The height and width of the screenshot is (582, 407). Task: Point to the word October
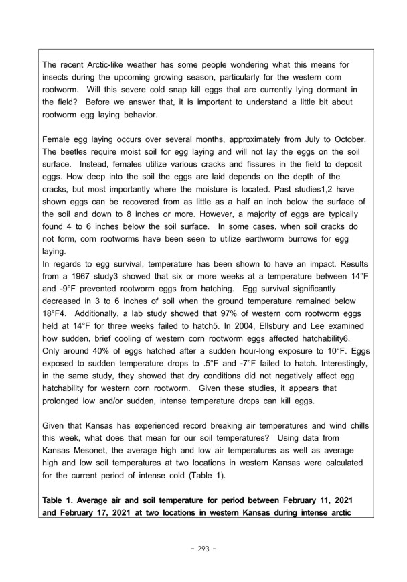click(x=347, y=143)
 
